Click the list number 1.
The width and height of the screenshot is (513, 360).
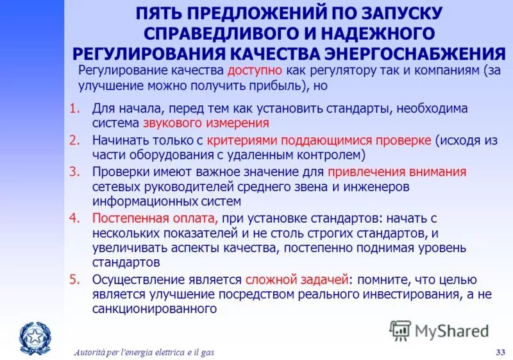click(x=74, y=108)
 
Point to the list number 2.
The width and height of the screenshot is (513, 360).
click(x=74, y=139)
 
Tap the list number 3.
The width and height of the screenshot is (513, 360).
click(x=74, y=171)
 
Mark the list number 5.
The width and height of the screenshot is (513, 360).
click(x=74, y=280)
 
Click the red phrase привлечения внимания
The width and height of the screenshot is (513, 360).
click(x=397, y=171)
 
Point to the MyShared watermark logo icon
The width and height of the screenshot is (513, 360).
click(x=400, y=330)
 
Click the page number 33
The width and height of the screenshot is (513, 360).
click(x=501, y=351)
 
